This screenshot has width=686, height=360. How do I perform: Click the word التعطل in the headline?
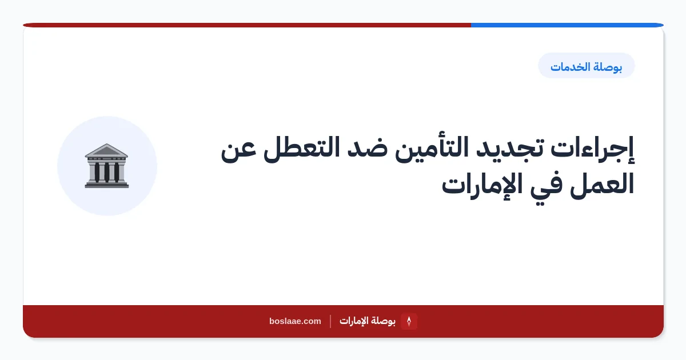click(302, 149)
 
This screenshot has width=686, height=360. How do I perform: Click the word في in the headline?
click(547, 186)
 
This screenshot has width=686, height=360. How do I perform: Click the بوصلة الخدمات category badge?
click(586, 66)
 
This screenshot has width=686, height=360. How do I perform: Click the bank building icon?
click(106, 166)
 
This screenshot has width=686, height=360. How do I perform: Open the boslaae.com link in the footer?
click(295, 321)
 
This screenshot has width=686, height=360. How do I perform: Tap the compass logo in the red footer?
click(409, 321)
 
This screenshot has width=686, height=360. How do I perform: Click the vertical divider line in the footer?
click(330, 321)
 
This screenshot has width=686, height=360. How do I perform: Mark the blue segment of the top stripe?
click(567, 25)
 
